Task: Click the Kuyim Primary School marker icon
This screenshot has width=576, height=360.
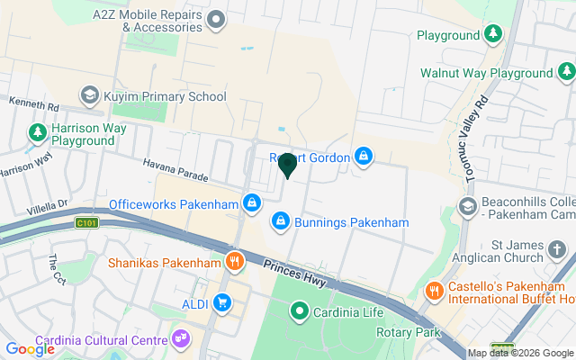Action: tap(89, 95)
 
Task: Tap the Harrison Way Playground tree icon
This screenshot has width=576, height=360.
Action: tap(37, 133)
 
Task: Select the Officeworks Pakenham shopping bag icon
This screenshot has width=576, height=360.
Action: tap(253, 203)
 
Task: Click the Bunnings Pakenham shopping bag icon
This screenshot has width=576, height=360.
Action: tap(281, 221)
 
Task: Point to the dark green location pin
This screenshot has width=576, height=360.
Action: tap(288, 165)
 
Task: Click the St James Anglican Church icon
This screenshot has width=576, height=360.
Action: tap(557, 250)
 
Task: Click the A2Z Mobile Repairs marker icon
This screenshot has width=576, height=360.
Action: tap(216, 19)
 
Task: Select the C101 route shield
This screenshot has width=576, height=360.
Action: tap(86, 222)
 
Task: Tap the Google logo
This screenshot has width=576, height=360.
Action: tap(30, 348)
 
